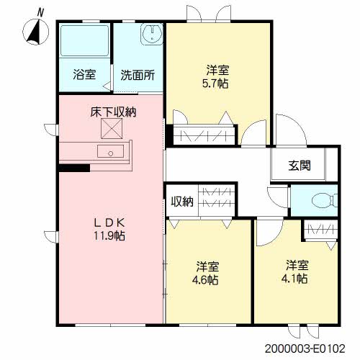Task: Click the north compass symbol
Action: click(36, 30)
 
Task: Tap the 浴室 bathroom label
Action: click(84, 75)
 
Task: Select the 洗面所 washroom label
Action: click(138, 75)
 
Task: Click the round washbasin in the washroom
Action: click(152, 34)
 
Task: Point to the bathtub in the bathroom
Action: click(84, 40)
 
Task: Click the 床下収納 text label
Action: click(113, 112)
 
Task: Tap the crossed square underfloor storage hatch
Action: click(112, 129)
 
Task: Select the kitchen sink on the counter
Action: click(110, 151)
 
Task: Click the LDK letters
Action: click(109, 223)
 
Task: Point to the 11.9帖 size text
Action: click(109, 236)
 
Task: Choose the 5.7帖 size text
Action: click(215, 84)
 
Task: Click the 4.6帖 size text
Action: click(205, 279)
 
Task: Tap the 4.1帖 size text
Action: click(294, 279)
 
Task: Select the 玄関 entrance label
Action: click(300, 166)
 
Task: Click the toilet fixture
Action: click(325, 201)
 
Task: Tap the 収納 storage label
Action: click(182, 202)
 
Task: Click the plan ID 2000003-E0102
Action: click(305, 348)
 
